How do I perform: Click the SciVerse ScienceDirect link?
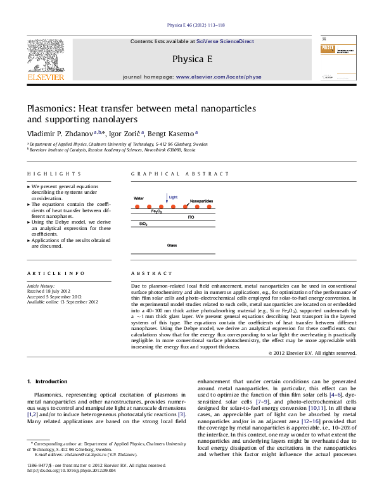(225, 41)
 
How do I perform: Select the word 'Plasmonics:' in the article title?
(50, 108)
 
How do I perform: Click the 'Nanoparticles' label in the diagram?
(201, 200)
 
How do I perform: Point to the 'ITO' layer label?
(191, 217)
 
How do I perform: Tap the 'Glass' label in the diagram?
(172, 245)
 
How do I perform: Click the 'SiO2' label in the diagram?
(143, 224)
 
